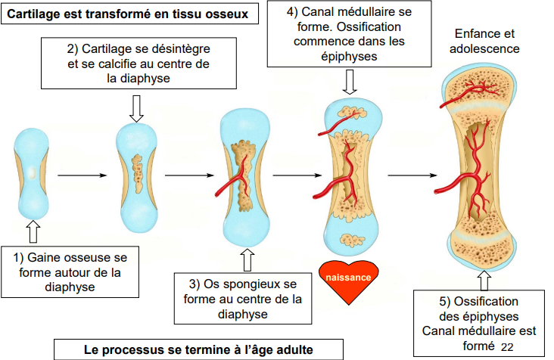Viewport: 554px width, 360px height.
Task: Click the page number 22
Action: [506, 345]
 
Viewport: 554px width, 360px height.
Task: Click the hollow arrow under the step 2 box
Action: [136, 107]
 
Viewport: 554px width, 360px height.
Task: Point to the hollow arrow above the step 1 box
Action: [32, 228]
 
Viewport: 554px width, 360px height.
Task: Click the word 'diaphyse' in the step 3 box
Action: [244, 314]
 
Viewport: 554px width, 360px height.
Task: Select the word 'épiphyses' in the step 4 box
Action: [347, 55]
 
